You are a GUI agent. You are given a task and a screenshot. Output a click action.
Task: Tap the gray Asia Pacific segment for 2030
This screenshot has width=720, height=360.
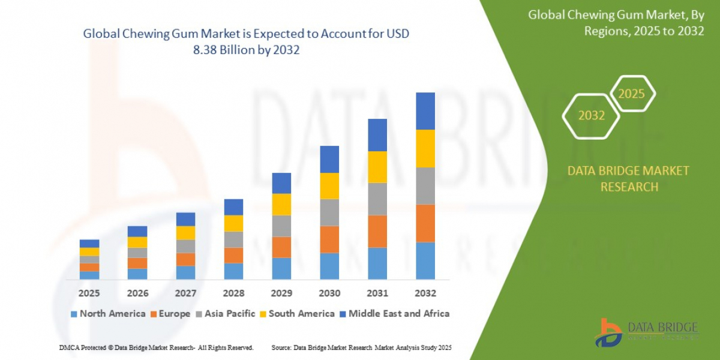[x=329, y=212]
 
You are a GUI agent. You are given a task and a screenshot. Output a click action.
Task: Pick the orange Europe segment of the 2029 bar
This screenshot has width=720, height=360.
[x=281, y=247]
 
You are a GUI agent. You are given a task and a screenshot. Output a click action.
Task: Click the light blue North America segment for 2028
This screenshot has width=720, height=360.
[x=233, y=271]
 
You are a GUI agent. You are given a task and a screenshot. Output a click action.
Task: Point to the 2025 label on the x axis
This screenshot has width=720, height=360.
[x=89, y=293]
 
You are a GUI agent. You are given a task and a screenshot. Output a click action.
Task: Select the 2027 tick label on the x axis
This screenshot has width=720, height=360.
[x=185, y=293]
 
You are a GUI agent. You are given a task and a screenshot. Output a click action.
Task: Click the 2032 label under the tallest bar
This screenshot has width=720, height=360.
[x=425, y=293]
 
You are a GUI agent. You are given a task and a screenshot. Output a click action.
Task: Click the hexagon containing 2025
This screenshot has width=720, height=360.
[x=631, y=94]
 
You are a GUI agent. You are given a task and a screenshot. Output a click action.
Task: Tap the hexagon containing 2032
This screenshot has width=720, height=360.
[x=591, y=115]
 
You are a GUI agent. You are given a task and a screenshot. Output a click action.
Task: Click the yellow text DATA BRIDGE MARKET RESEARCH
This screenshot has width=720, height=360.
[x=628, y=179]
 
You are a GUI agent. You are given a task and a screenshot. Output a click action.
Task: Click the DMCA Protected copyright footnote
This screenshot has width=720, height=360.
[x=157, y=348]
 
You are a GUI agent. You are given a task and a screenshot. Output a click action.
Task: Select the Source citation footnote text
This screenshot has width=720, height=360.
[x=361, y=348]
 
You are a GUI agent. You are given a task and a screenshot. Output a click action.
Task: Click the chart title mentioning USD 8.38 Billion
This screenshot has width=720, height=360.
[x=246, y=42]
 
